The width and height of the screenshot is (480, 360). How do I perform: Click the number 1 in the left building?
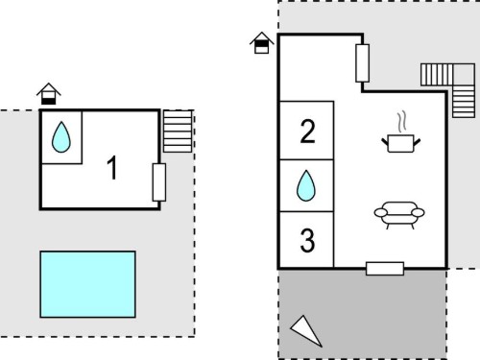click(112, 168)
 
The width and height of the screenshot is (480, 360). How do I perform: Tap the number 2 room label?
click(307, 131)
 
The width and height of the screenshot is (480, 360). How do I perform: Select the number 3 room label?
click(307, 240)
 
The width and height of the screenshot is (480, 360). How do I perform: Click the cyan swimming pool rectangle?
click(87, 284)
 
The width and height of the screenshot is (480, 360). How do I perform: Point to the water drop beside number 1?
click(61, 137)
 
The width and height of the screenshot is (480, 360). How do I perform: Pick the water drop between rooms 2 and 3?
click(306, 185)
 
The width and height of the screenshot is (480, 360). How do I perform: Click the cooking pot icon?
click(401, 143)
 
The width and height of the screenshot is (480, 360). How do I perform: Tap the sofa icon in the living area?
click(399, 215)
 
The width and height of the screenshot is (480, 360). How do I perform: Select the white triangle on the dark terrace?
click(306, 330)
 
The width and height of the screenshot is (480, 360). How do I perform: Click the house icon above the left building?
click(49, 94)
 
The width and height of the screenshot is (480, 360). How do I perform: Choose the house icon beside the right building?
click(262, 42)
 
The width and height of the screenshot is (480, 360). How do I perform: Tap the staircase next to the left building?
click(178, 132)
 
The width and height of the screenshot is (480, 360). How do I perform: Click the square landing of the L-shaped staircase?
click(464, 75)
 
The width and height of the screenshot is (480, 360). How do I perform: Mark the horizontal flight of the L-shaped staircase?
click(437, 75)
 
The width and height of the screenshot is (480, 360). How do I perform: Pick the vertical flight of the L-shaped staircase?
click(464, 102)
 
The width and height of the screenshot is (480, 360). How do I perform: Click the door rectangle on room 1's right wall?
click(159, 182)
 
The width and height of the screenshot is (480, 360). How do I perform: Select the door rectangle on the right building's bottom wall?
click(385, 269)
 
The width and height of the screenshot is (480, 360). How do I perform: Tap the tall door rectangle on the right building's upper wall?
click(363, 63)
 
